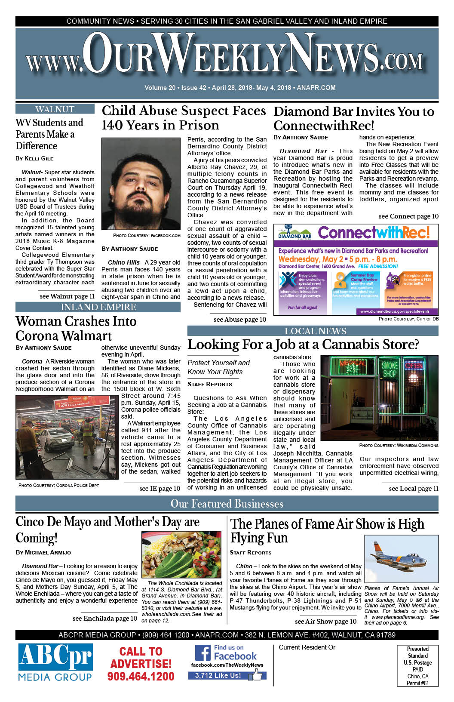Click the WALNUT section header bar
tap(55, 109)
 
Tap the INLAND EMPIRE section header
tap(98, 307)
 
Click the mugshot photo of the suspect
tap(141, 184)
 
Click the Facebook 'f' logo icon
tap(203, 653)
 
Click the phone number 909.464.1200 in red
tap(141, 676)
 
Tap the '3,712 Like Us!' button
tap(218, 675)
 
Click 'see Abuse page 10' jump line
tap(240, 319)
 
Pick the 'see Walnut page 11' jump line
tap(67, 296)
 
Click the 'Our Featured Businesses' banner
tap(227, 504)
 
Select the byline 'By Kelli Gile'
tap(34, 158)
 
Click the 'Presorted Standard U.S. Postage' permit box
tap(417, 665)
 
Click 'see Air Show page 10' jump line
tap(325, 621)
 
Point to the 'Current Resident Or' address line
tap(307, 647)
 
